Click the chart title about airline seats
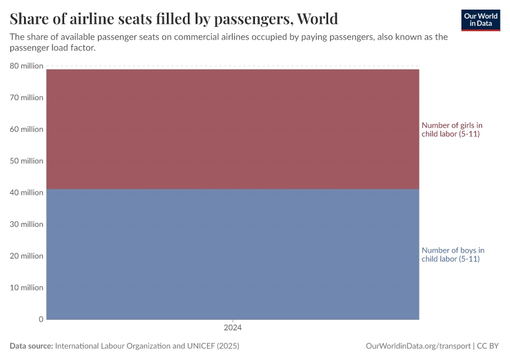pos(173,19)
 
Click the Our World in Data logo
pos(480,20)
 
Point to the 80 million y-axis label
pos(26,66)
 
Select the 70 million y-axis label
pos(26,97)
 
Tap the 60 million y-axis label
pos(26,129)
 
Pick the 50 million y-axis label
pos(26,161)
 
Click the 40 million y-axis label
pos(26,193)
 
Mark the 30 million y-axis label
pos(26,224)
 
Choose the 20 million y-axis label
pos(26,256)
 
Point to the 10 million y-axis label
pos(26,287)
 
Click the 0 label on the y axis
pos(41,319)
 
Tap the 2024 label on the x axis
pos(232,328)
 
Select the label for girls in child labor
pos(451,130)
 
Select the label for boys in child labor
pos(452,254)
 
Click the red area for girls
pos(232,129)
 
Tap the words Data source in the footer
pos(31,346)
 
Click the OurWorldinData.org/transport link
pos(418,346)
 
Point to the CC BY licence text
pos(488,346)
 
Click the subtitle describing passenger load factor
pos(228,42)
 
